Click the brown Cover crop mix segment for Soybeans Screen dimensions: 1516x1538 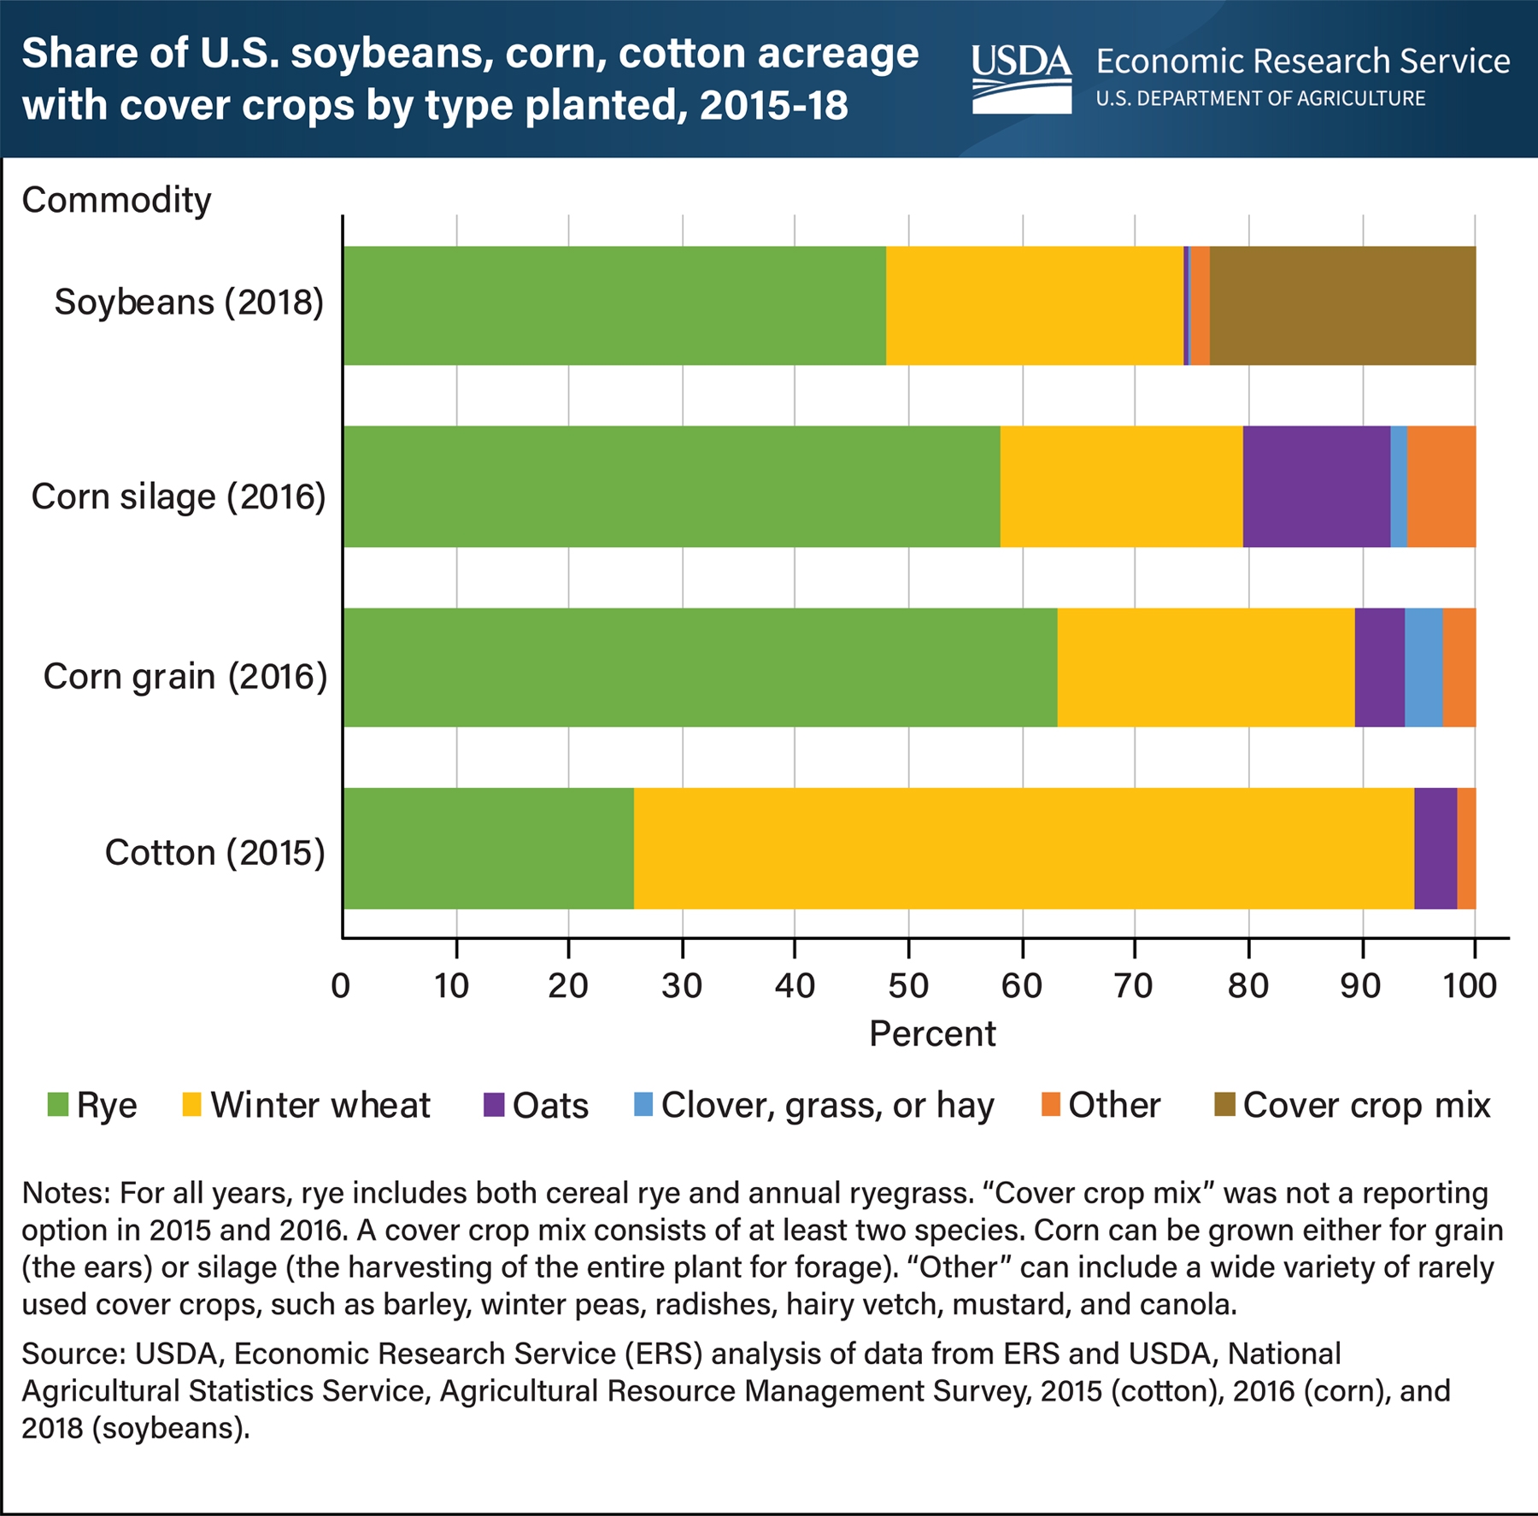click(x=1342, y=305)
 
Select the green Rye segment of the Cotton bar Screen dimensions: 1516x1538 click(x=489, y=848)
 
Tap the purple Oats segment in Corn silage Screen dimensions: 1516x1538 click(x=1316, y=485)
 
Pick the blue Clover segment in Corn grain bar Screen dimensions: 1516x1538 click(x=1424, y=667)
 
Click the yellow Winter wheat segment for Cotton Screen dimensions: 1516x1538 click(x=1024, y=848)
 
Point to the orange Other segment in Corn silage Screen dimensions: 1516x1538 click(x=1441, y=485)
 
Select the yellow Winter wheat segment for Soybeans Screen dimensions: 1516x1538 click(x=1035, y=305)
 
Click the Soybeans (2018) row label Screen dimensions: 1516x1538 click(x=189, y=303)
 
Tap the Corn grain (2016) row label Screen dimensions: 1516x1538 click(x=185, y=676)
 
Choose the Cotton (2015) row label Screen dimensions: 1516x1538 click(x=214, y=853)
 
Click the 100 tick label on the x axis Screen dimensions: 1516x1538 click(x=1470, y=986)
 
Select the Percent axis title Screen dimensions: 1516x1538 click(x=932, y=1034)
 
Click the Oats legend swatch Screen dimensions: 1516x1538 click(x=494, y=1105)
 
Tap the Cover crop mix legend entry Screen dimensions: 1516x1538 click(x=1365, y=1105)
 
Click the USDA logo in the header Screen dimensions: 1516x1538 click(x=1021, y=79)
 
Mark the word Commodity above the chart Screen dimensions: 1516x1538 click(x=116, y=200)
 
